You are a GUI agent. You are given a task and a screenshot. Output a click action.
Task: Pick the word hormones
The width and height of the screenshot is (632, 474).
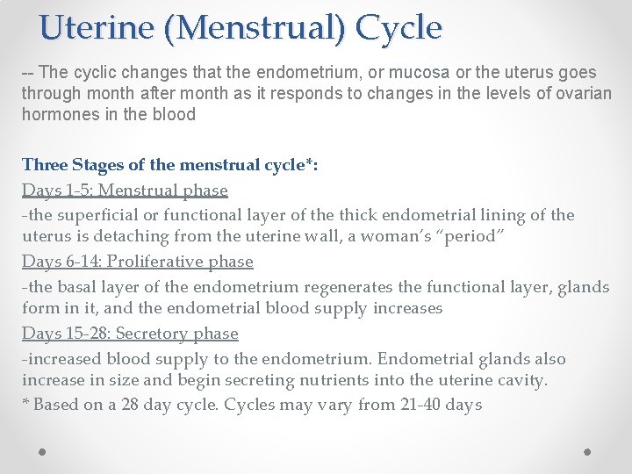[59, 115]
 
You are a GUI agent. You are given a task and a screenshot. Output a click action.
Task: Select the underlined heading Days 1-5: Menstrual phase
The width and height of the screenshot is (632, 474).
[125, 190]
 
